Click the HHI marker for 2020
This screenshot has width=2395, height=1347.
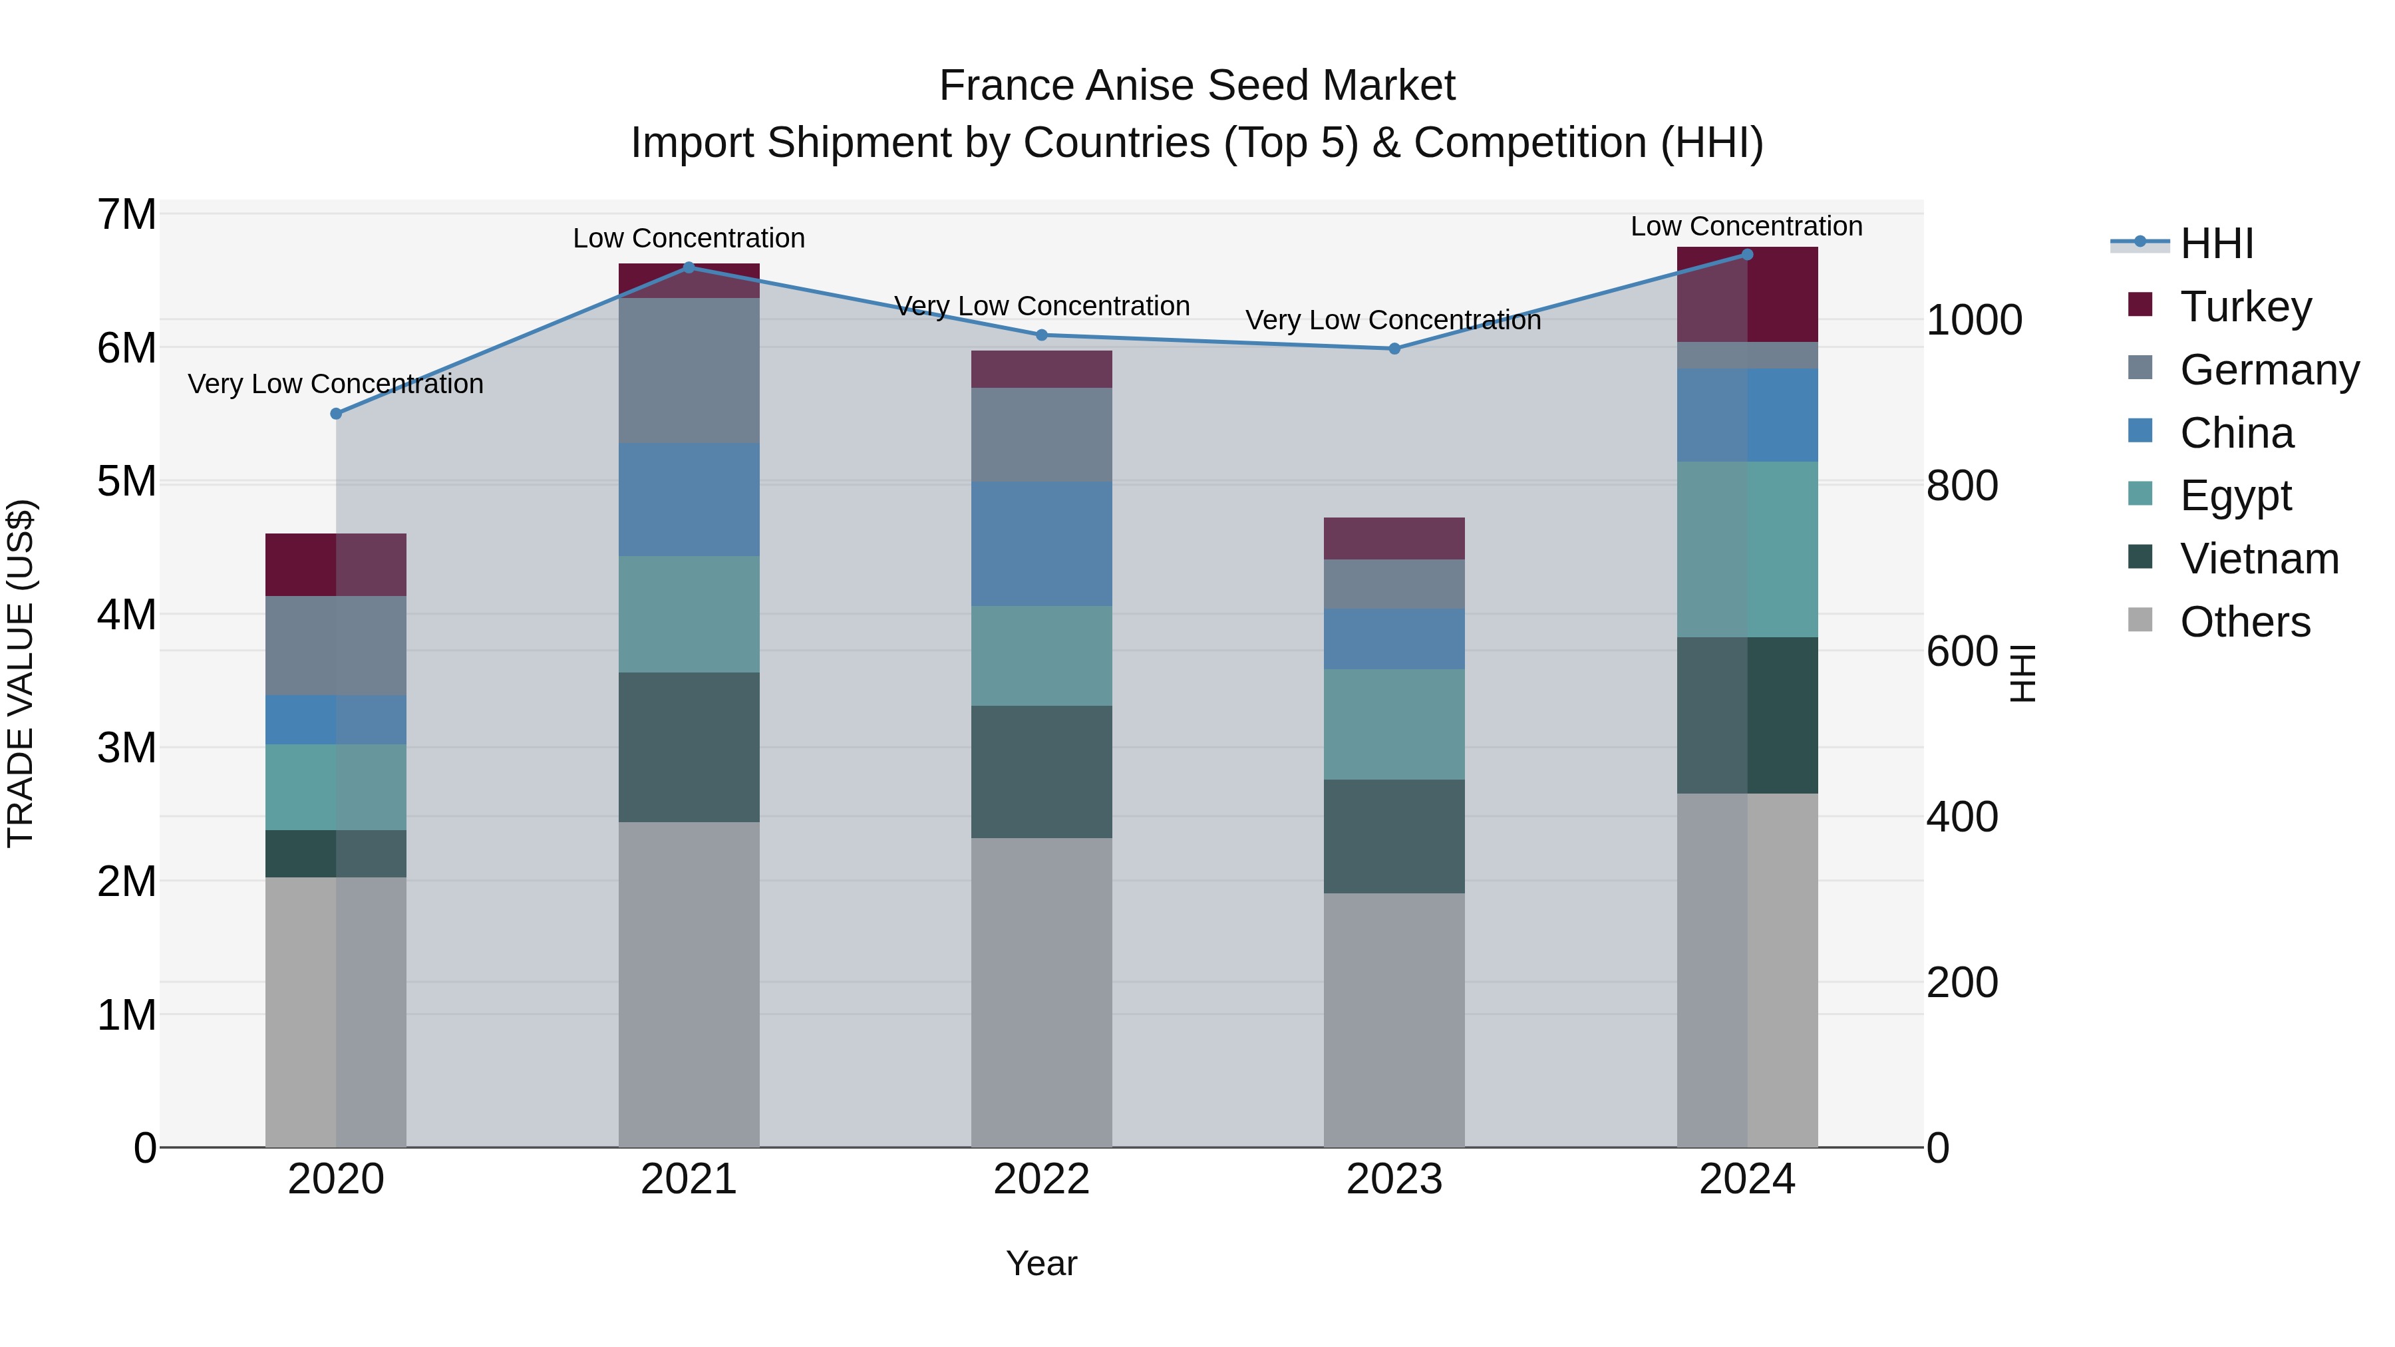point(336,414)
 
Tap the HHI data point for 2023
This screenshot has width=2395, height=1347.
point(1394,349)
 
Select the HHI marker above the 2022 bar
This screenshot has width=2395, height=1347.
point(1041,335)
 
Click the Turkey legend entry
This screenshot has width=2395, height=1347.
point(2245,307)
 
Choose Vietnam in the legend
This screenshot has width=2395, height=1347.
point(2259,559)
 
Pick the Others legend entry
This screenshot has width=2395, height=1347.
point(2245,622)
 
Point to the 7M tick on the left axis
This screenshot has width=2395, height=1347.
point(126,215)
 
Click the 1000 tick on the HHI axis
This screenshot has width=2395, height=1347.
point(1974,321)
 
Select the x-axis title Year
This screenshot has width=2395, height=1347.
point(1041,1263)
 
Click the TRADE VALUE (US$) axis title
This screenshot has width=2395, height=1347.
point(21,673)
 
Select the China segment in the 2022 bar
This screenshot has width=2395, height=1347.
point(1041,544)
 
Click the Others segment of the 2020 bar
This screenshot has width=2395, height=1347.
point(336,1011)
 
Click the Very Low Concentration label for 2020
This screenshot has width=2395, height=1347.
point(336,384)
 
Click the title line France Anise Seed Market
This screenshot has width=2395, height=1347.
point(1197,86)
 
